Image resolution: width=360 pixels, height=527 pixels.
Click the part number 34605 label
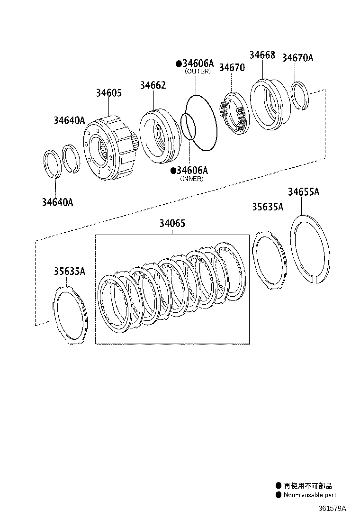click(x=109, y=93)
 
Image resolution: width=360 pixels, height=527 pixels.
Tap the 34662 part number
click(x=153, y=85)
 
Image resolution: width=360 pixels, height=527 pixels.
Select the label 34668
click(x=262, y=55)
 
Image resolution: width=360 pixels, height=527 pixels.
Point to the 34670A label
click(x=297, y=58)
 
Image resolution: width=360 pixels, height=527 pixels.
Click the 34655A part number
click(x=304, y=192)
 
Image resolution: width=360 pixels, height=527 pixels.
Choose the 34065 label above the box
click(x=172, y=223)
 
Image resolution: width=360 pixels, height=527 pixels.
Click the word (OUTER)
click(x=198, y=71)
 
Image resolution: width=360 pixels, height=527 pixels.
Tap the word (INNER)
click(x=192, y=179)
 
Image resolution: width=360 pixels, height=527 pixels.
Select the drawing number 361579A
click(x=332, y=508)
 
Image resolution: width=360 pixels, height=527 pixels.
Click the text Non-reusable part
click(x=310, y=495)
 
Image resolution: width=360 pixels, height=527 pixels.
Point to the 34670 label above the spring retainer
click(x=232, y=68)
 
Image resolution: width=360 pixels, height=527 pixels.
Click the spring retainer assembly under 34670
click(x=234, y=113)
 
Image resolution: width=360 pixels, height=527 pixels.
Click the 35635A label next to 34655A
click(x=268, y=207)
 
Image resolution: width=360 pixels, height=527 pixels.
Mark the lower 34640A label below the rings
click(x=57, y=202)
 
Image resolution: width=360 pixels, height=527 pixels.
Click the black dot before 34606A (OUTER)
click(x=179, y=63)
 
